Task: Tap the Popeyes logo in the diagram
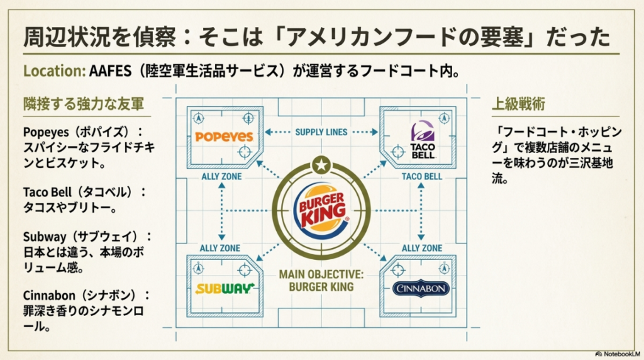224,137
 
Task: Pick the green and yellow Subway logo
225,288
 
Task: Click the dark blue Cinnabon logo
421,288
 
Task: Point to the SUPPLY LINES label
321,132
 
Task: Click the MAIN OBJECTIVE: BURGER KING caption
321,281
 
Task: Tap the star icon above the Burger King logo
321,166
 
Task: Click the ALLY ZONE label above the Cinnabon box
422,248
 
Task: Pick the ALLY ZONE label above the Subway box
220,248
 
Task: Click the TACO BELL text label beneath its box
422,177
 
